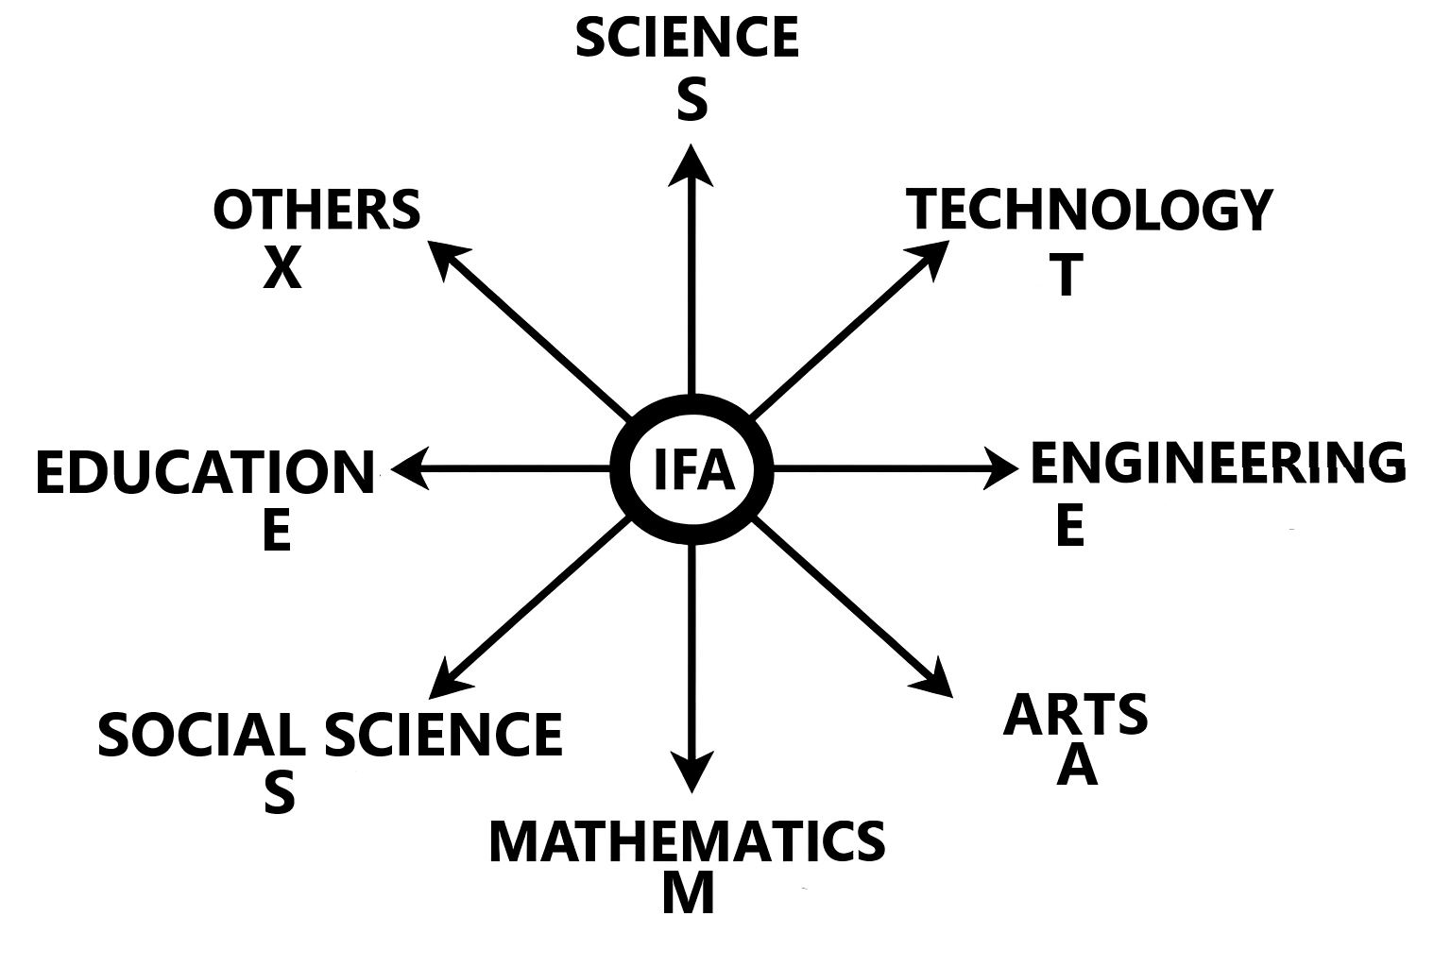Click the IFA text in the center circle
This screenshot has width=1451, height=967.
(x=693, y=469)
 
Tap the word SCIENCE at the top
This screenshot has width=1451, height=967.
(x=687, y=38)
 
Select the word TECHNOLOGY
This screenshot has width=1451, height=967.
(x=1089, y=210)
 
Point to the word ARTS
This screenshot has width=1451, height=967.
(x=1075, y=715)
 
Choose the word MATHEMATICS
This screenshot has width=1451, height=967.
(x=687, y=842)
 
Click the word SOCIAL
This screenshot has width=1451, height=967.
(x=201, y=735)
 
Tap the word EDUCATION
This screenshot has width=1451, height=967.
(x=205, y=473)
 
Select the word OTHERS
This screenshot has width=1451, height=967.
(x=316, y=210)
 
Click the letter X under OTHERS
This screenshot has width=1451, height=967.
(x=282, y=269)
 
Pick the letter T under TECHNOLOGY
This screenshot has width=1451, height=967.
(x=1067, y=275)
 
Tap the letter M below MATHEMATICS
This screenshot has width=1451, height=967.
(x=688, y=893)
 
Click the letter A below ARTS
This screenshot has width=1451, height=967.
(x=1077, y=766)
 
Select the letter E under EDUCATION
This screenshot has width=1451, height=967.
(x=277, y=531)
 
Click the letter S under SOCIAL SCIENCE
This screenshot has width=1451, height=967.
(x=280, y=793)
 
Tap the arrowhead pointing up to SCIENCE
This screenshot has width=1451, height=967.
(x=691, y=165)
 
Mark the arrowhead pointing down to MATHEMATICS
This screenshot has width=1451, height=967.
(x=691, y=772)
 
